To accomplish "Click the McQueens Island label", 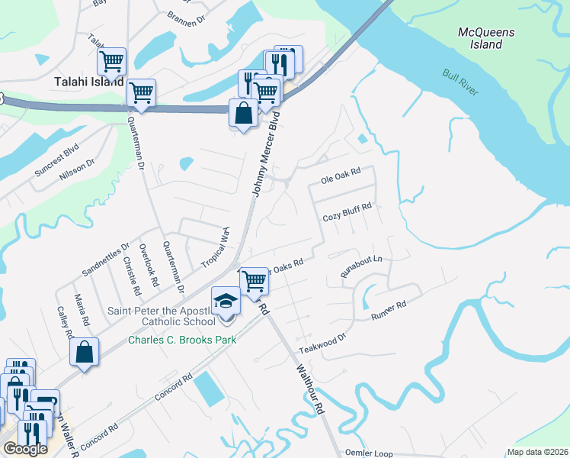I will (486, 38).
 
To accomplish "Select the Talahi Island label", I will (88, 81).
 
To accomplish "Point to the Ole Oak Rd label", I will (339, 179).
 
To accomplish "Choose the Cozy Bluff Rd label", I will (347, 211).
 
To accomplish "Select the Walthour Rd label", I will (310, 388).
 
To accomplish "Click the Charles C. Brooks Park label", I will (181, 340).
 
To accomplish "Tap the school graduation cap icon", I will (226, 301).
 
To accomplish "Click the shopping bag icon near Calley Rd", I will (84, 353).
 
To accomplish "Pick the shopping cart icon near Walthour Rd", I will (254, 281).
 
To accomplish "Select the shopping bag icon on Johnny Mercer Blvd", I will (242, 114).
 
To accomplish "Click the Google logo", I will (24, 449).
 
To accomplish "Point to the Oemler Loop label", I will (369, 453).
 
